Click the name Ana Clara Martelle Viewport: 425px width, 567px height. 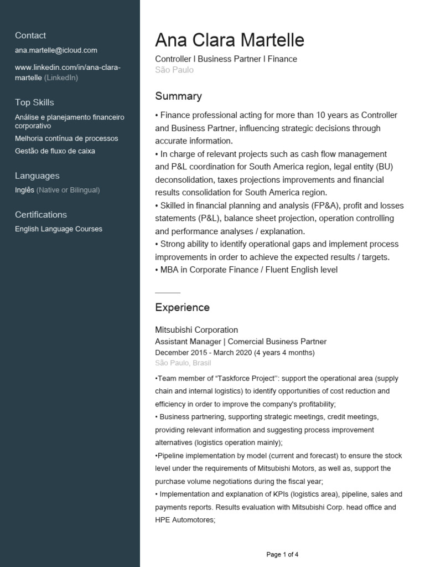230,40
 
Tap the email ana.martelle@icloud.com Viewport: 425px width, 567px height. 56,50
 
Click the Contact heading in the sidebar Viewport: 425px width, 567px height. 30,35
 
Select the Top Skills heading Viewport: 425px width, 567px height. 34,102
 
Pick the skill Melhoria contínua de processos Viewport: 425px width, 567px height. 66,138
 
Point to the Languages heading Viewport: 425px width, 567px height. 37,176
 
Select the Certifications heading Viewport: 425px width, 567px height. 41,215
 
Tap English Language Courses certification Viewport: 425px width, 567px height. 59,229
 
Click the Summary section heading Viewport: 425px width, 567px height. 178,96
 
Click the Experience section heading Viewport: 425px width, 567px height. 182,307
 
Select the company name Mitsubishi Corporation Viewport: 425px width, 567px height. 196,330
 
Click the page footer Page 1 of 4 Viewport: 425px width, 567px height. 282,554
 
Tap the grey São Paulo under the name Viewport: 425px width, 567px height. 174,70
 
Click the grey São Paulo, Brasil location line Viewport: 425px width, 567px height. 183,363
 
